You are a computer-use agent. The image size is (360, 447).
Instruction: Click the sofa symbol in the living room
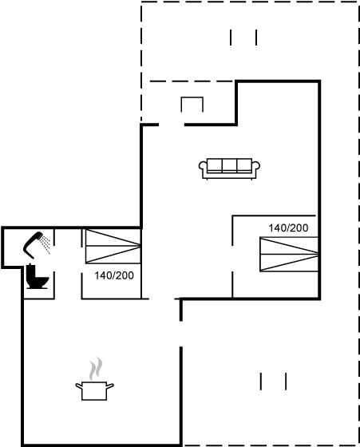229,168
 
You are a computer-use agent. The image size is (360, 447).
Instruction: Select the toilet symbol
37,276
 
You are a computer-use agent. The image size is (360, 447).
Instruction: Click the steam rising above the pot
96,369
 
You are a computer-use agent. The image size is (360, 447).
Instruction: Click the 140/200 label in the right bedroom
288,227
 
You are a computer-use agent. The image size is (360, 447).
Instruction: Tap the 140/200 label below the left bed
114,275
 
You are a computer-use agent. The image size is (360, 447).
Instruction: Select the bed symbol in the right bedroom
289,254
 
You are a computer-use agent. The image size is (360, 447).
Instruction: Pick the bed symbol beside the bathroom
113,246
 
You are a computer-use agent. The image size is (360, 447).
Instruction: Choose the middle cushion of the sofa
229,165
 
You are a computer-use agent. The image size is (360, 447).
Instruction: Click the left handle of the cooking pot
79,386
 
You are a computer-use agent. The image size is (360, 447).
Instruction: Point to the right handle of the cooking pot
110,386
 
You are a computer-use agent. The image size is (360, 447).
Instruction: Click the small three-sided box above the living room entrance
192,97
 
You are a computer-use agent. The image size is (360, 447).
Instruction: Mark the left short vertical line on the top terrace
231,38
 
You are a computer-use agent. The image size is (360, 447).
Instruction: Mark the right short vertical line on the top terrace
256,38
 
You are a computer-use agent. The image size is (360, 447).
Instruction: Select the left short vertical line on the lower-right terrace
260,382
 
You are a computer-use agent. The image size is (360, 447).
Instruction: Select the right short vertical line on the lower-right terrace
286,382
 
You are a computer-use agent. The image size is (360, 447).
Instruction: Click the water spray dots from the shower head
45,244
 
